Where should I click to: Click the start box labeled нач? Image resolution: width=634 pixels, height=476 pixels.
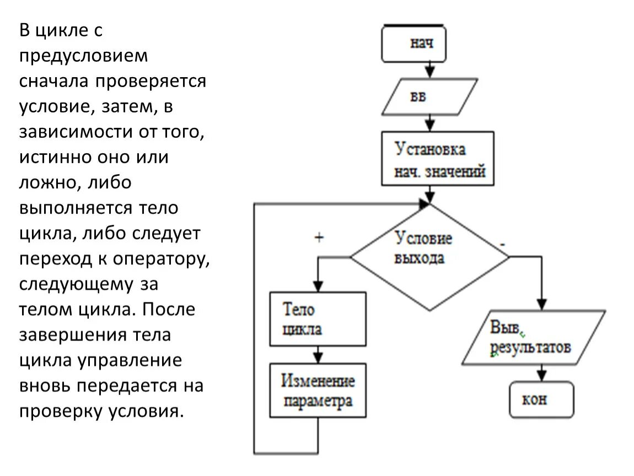click(413, 44)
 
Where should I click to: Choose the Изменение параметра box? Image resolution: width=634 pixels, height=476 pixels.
click(318, 390)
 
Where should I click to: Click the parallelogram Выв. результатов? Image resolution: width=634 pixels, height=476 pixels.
click(532, 338)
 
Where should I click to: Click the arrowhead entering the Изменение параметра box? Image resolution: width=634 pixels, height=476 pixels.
click(318, 356)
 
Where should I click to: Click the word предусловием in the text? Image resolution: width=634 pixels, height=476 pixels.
click(84, 56)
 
